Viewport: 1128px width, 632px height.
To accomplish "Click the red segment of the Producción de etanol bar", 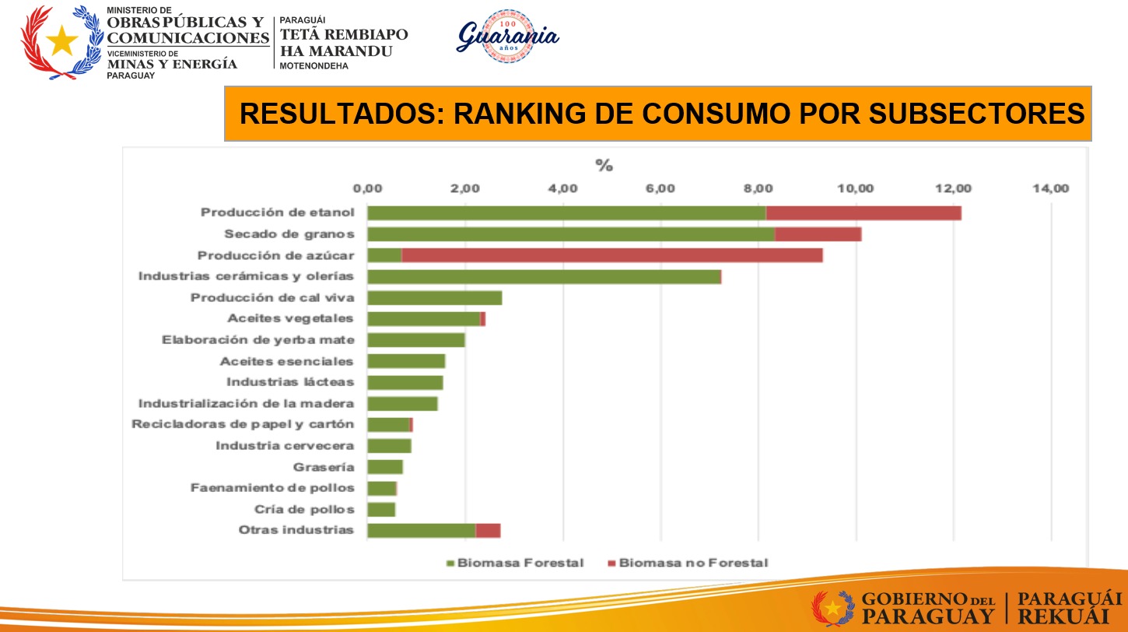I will click(x=864, y=213).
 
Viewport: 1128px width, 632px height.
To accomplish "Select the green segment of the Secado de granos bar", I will click(x=571, y=234).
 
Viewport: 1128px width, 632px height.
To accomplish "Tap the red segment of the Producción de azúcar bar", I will click(x=612, y=255).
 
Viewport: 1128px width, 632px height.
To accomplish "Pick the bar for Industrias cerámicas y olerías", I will click(x=544, y=276).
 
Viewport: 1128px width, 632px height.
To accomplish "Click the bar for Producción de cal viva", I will click(x=435, y=297).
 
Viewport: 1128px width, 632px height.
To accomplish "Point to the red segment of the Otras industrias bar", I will click(x=488, y=531).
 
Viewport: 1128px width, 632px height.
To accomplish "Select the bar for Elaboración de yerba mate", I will click(x=416, y=340).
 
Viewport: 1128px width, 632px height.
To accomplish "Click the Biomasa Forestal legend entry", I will click(x=514, y=563).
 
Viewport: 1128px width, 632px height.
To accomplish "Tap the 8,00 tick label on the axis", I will click(x=758, y=188).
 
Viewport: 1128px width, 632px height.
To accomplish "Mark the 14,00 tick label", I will click(x=1051, y=188).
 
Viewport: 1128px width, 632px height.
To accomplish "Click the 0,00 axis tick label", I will click(x=367, y=188).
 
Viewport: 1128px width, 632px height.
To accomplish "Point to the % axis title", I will click(x=604, y=165).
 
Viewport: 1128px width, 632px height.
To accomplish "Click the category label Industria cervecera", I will click(x=285, y=446).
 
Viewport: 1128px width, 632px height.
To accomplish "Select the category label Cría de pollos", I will click(x=304, y=510).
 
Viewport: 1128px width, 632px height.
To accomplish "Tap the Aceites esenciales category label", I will click(x=287, y=361).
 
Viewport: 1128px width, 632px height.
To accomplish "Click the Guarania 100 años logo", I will click(x=507, y=36).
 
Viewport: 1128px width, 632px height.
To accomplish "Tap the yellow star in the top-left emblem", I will click(x=61, y=40).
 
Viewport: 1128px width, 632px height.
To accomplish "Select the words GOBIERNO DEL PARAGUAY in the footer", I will click(x=928, y=608).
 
